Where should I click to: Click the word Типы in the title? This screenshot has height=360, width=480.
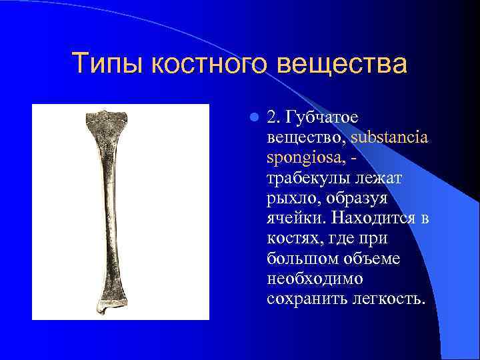coord(107,64)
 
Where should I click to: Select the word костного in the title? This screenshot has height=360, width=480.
coord(210,64)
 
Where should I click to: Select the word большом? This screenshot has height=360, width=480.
coord(298,257)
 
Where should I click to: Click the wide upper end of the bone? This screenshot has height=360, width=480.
coord(107,121)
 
